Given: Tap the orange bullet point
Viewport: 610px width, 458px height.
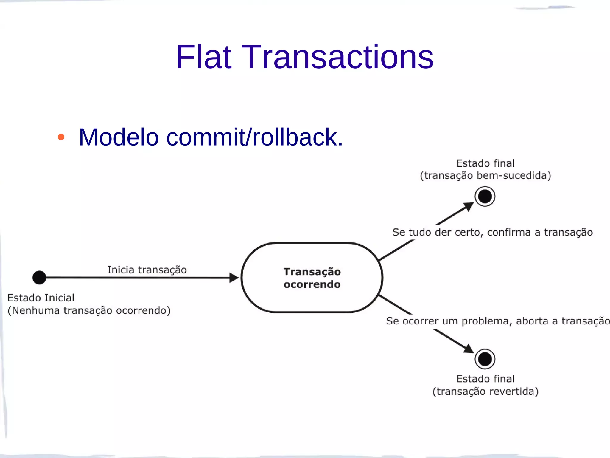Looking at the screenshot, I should click(x=61, y=137).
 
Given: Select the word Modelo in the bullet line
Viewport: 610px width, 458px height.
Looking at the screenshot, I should click(x=119, y=137).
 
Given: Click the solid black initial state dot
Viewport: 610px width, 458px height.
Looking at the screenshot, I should click(x=39, y=278).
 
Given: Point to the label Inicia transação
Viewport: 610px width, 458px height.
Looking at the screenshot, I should click(x=147, y=270).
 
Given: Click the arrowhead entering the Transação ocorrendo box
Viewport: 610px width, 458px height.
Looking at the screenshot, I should click(x=234, y=278).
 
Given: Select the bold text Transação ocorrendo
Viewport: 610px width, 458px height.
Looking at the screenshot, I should click(x=312, y=278).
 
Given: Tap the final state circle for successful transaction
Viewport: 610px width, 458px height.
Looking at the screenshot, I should click(x=485, y=196).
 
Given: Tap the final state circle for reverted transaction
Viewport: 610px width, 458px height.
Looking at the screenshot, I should click(x=485, y=359).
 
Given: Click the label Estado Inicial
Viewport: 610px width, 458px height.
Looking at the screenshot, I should click(x=41, y=298).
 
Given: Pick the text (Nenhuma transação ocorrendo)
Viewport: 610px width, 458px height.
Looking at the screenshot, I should click(x=89, y=310).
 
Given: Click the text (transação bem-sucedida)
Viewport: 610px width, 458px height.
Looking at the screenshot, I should click(x=485, y=175).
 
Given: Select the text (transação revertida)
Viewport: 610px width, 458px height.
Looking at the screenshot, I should click(x=485, y=391).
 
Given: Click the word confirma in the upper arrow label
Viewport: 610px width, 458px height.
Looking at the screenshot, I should click(x=509, y=232).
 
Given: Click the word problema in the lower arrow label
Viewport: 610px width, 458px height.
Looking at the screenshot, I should click(x=486, y=321).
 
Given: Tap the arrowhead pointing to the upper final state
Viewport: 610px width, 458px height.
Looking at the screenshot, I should click(x=469, y=206).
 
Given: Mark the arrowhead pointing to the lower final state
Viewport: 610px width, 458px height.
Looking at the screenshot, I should click(x=469, y=349).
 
